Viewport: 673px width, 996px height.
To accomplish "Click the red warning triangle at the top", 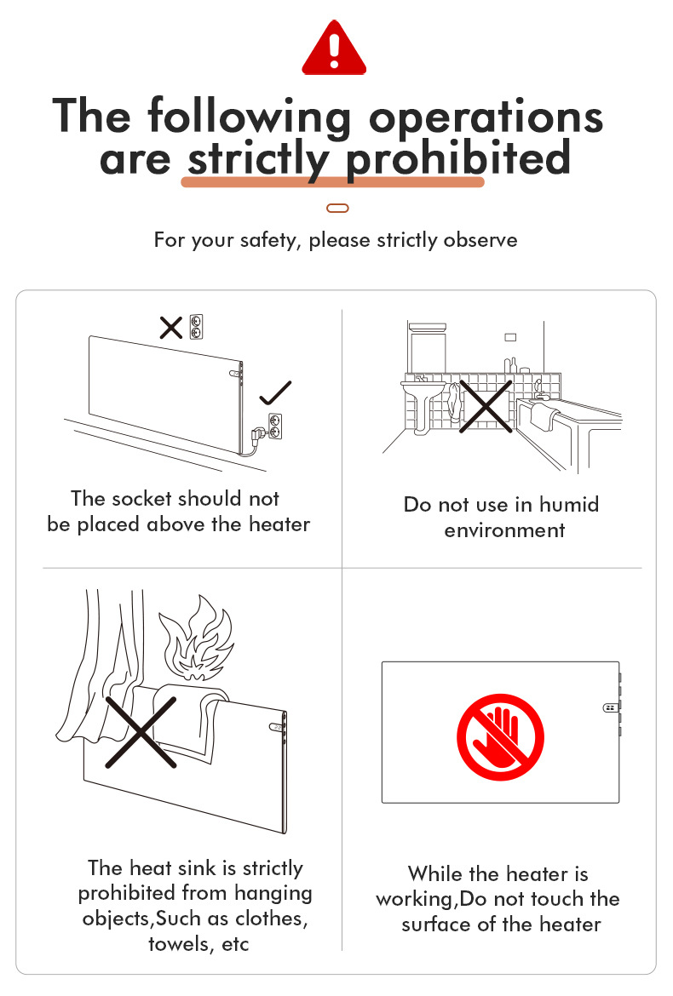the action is pos(334,49).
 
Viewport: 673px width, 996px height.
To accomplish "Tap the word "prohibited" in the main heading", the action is pos(458,159).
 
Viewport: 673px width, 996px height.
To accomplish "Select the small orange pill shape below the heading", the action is pos(337,208).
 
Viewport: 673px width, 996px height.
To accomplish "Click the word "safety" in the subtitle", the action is pos(269,240).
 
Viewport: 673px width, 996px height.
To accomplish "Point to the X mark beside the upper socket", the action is pos(171,328).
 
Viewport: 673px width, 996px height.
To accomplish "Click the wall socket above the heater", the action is pos(197,327).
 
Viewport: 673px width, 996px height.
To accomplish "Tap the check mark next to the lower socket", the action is pos(276,392).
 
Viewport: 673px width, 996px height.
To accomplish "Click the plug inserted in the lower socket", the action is pos(259,434).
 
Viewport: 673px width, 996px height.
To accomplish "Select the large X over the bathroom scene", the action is pos(486,407).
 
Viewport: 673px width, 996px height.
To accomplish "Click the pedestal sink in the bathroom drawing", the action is pos(422,400).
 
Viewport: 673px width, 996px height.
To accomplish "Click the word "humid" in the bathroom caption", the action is pos(569,504).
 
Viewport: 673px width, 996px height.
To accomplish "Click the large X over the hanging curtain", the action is pos(141,732).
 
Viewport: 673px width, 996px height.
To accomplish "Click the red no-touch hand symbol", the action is pos(500,737).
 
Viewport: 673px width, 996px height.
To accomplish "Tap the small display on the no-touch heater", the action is pos(610,707).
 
